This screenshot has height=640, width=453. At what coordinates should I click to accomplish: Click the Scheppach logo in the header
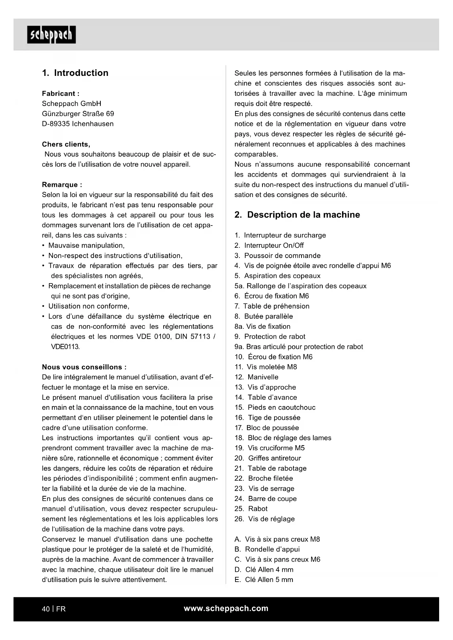[x=51, y=35]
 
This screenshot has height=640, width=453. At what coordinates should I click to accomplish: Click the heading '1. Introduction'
[x=75, y=73]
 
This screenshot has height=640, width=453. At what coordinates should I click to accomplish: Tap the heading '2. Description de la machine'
[x=297, y=215]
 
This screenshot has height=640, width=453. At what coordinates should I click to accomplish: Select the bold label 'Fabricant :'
[x=61, y=93]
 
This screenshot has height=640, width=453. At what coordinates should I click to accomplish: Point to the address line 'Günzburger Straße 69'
[x=78, y=113]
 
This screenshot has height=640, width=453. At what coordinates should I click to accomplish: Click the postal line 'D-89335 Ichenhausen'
[x=78, y=124]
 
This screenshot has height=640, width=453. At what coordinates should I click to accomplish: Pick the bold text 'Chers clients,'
[x=66, y=144]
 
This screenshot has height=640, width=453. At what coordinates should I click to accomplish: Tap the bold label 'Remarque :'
[x=62, y=185]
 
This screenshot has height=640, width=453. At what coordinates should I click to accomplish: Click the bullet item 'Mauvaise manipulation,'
[x=86, y=246]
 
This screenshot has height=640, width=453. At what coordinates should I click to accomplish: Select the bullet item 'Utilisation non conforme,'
[x=89, y=306]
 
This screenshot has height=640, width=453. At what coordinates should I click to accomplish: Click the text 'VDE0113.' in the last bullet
[x=65, y=347]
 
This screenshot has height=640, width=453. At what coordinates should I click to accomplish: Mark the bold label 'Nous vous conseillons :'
[x=84, y=367]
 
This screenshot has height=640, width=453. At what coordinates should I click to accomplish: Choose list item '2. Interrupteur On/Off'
[x=269, y=246]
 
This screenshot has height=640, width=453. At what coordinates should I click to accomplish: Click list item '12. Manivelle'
[x=257, y=377]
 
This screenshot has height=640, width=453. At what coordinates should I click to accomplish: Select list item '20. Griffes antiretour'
[x=268, y=458]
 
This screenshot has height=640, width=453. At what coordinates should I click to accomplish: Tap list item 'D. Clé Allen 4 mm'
[x=264, y=570]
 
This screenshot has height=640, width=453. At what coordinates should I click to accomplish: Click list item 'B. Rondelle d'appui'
[x=267, y=549]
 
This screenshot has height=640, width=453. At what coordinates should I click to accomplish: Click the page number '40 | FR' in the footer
[x=54, y=609]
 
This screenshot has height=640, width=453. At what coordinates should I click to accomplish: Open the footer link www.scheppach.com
[x=226, y=608]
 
